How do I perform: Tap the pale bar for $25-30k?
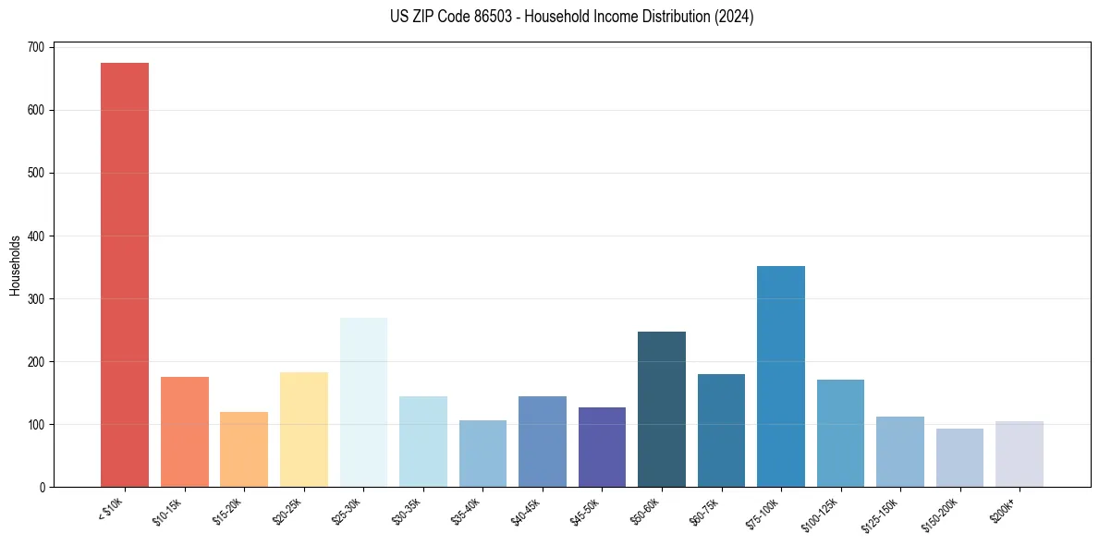pos(363,402)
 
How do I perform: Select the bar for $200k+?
pos(1020,454)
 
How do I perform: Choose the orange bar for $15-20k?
pos(244,449)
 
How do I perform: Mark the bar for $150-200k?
pos(959,457)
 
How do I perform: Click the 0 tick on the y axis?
pos(43,487)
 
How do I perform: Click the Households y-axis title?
pos(15,265)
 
